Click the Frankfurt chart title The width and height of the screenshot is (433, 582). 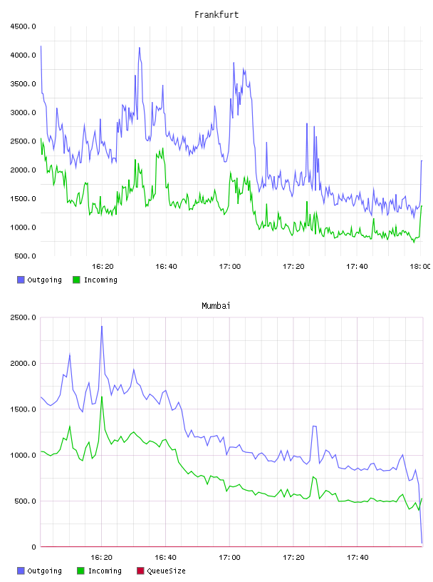click(x=216, y=14)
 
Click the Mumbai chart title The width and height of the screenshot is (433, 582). click(x=216, y=305)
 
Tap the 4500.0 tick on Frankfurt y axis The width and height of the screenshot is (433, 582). click(x=23, y=26)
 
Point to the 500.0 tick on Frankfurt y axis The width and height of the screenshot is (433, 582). click(x=25, y=256)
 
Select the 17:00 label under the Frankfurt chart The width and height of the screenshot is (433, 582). click(x=230, y=267)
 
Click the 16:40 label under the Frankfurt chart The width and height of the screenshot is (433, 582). click(x=166, y=267)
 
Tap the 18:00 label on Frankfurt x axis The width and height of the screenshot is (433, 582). click(x=420, y=267)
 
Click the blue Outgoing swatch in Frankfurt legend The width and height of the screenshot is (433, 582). click(x=21, y=280)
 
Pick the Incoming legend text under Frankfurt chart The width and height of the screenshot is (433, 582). click(x=100, y=280)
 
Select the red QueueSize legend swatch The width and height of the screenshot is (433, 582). click(x=140, y=571)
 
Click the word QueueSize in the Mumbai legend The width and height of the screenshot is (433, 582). click(x=166, y=571)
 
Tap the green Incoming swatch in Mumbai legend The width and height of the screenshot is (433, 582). click(x=80, y=571)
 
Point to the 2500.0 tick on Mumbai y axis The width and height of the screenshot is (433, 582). click(x=23, y=317)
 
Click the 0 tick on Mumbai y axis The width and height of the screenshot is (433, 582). click(x=33, y=547)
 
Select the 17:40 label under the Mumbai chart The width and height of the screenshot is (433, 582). click(x=358, y=558)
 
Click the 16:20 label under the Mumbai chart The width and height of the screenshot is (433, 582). click(x=102, y=558)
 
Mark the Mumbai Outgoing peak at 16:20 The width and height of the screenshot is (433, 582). click(x=102, y=326)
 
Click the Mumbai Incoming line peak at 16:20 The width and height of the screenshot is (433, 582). click(x=102, y=397)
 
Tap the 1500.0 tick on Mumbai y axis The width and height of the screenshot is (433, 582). click(x=23, y=409)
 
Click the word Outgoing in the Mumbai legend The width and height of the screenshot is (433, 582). click(x=44, y=571)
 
